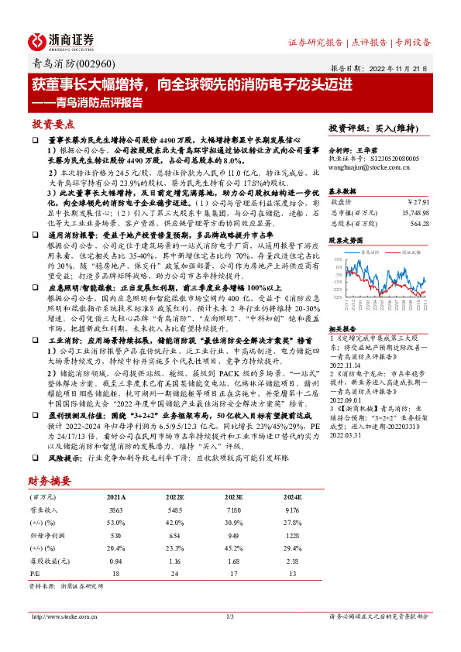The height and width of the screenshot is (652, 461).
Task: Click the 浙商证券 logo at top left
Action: pyautogui.click(x=62, y=41)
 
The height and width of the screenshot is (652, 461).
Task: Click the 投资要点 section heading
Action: pyautogui.click(x=53, y=124)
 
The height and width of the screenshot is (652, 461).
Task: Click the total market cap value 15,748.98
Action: pyautogui.click(x=413, y=211)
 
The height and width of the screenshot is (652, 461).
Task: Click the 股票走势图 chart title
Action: pyautogui.click(x=346, y=240)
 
